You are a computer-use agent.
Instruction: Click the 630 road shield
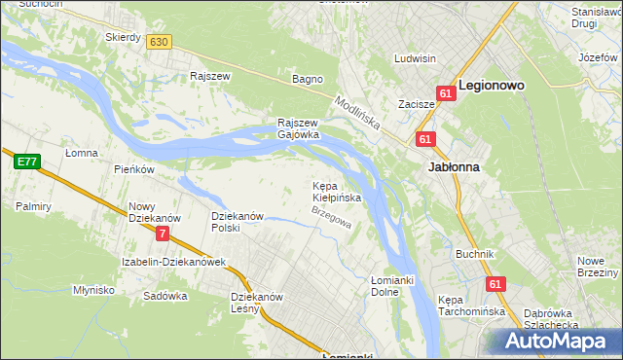click(x=160, y=41)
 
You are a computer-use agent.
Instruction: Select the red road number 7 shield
click(x=162, y=234)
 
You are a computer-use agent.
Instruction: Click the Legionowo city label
click(x=492, y=86)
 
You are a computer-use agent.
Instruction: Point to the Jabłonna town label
click(x=453, y=166)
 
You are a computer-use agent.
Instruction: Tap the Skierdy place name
click(x=124, y=37)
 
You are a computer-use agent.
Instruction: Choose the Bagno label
click(x=308, y=79)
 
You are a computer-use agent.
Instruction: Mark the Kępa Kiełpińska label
click(x=336, y=192)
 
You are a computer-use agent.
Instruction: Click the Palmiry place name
click(x=32, y=206)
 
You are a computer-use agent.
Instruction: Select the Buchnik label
click(x=475, y=254)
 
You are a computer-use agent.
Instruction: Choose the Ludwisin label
click(x=415, y=58)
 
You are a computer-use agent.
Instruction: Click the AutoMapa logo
click(x=560, y=342)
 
